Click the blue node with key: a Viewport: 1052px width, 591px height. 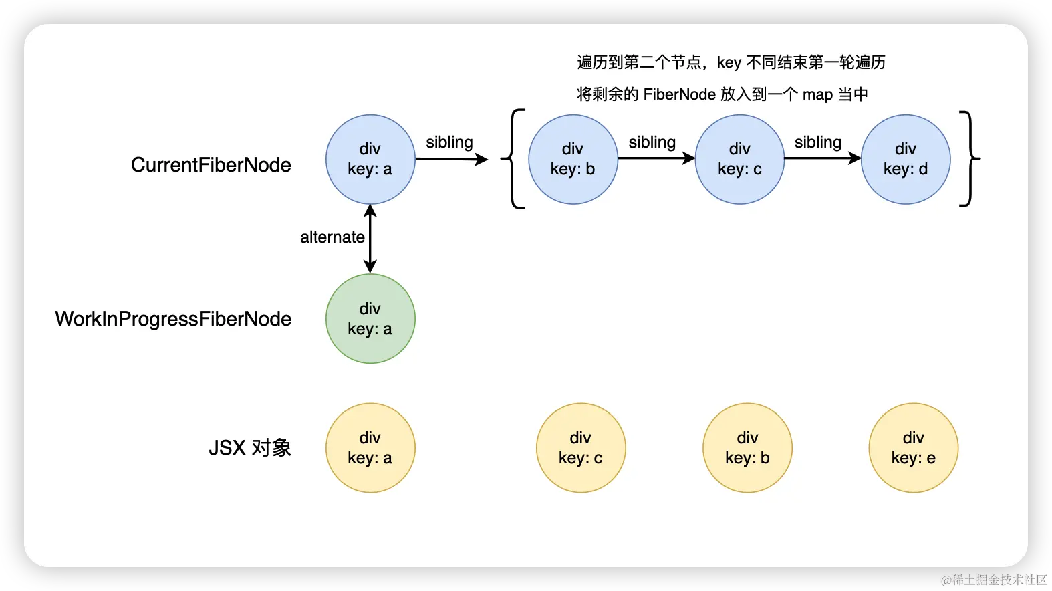click(x=370, y=159)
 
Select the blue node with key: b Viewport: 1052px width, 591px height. click(x=573, y=159)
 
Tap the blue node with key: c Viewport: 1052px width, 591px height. click(x=740, y=159)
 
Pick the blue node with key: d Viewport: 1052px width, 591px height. click(x=906, y=159)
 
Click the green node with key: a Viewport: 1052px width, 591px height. click(x=370, y=319)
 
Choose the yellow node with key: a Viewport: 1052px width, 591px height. click(x=370, y=448)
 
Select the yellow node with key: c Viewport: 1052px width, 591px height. click(x=581, y=448)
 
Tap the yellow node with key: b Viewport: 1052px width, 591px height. click(x=747, y=448)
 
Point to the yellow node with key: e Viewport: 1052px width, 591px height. click(x=914, y=448)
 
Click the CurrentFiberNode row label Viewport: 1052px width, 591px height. click(x=211, y=165)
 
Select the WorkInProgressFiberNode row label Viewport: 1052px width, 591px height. click(x=173, y=319)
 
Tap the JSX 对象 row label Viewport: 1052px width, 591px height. click(x=250, y=448)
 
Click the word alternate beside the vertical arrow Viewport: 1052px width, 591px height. click(x=332, y=237)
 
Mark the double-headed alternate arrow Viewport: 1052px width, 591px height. click(x=370, y=239)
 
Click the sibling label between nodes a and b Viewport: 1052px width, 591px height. click(x=449, y=142)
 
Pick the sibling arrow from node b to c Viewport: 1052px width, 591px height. click(x=656, y=158)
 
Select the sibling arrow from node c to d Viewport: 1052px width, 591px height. click(x=823, y=158)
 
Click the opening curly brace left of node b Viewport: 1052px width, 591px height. click(x=513, y=159)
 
